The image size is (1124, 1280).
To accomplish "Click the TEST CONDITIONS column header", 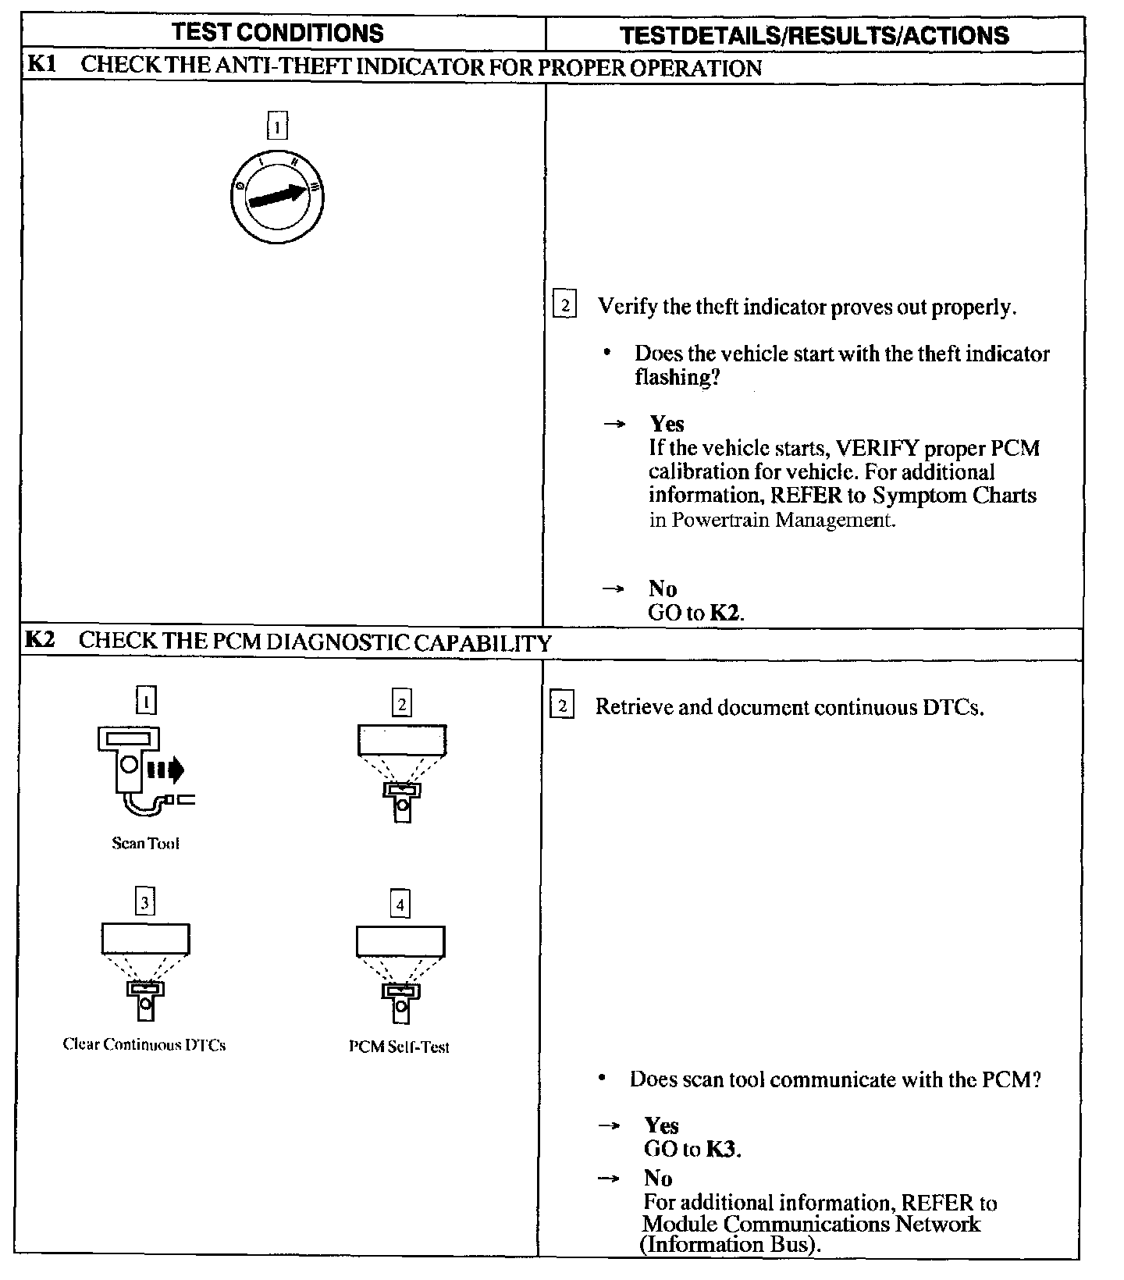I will (x=277, y=33).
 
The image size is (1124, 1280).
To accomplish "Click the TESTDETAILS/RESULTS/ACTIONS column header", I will (x=813, y=35).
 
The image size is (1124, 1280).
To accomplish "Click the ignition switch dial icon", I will (x=277, y=196).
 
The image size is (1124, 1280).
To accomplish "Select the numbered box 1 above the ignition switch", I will (x=277, y=126).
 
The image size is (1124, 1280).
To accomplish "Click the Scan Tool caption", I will (x=146, y=843).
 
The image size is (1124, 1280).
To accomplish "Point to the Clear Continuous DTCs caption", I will (x=144, y=1044).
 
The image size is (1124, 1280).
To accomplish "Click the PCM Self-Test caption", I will (x=399, y=1047).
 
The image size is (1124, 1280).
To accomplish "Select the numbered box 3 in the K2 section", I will (x=145, y=903).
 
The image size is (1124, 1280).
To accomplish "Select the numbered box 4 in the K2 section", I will (x=400, y=905).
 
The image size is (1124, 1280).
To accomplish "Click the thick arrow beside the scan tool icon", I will (x=165, y=770).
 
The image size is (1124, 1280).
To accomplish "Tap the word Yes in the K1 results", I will (x=667, y=424).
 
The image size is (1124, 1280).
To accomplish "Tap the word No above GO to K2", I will (x=662, y=588).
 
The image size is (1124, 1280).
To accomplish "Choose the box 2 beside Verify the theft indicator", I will (x=564, y=304).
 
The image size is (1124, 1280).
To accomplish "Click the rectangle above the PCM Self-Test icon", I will (x=400, y=940).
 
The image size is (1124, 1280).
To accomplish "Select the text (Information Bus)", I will (x=730, y=1244).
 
